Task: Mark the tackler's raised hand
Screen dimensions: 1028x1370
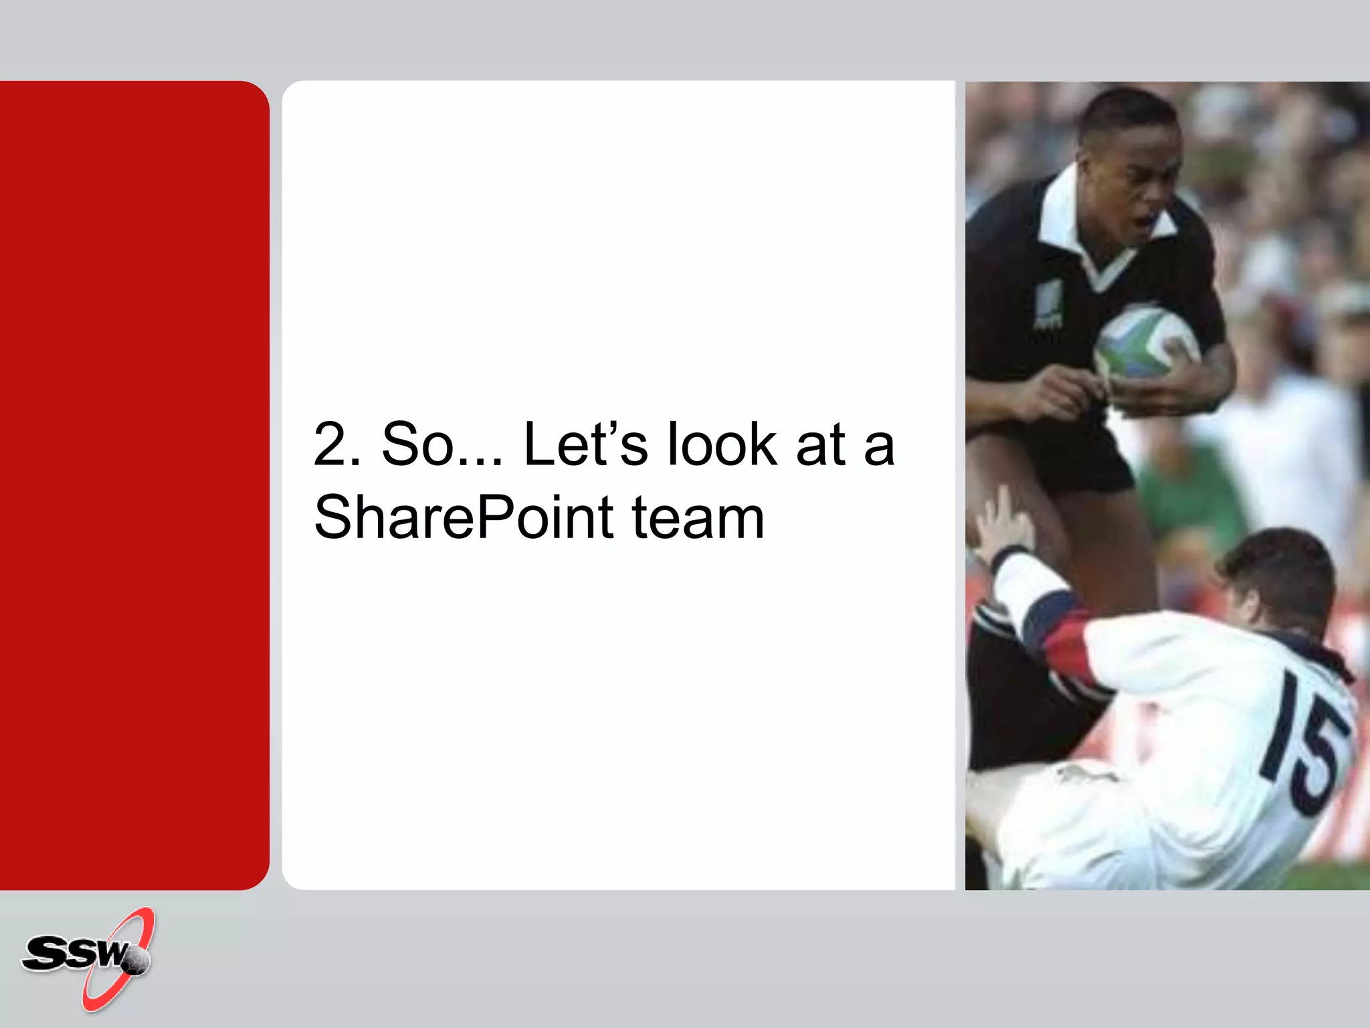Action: pos(1000,522)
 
